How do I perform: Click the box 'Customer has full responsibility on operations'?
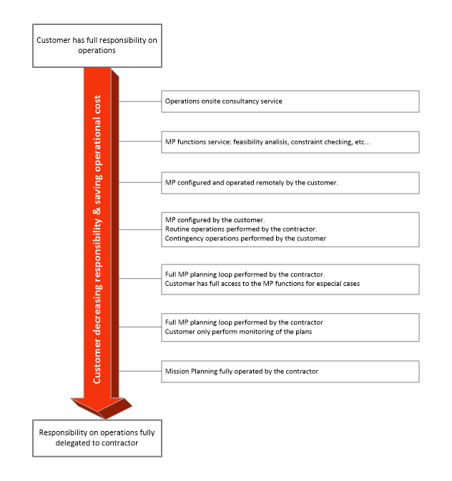[x=97, y=46]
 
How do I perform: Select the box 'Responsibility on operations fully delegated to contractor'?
[x=97, y=438]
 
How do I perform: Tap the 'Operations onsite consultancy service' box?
[x=290, y=101]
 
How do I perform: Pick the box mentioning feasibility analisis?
[x=290, y=142]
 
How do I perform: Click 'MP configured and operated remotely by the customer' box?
[x=290, y=183]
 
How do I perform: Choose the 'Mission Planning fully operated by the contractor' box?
[x=290, y=372]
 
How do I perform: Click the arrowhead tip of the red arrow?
[x=104, y=419]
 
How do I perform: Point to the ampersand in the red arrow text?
[x=97, y=212]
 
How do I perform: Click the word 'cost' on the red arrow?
[x=97, y=104]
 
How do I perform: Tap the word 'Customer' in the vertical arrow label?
[x=97, y=362]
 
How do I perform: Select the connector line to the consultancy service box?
[x=140, y=101]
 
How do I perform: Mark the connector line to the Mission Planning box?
[x=140, y=371]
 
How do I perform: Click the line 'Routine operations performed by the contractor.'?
[x=241, y=229]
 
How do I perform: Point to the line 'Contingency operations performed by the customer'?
[x=245, y=238]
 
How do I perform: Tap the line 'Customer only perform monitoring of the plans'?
[x=239, y=332]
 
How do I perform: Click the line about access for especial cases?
[x=262, y=284]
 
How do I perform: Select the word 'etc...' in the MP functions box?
[x=363, y=142]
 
